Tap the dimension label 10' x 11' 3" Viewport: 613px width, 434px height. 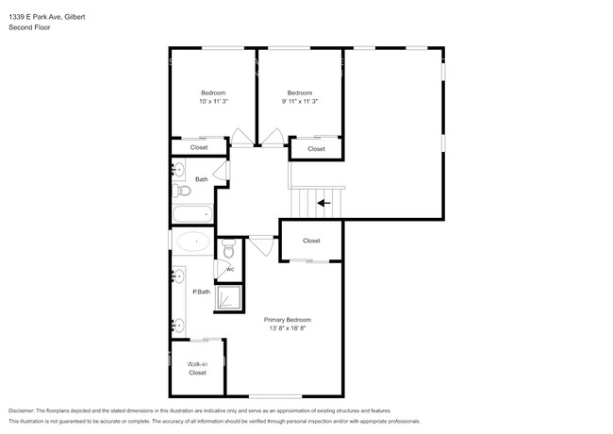point(213,101)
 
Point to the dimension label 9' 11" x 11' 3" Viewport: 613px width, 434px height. point(299,101)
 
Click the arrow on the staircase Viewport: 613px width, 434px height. point(323,202)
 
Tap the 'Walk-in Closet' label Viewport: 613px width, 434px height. point(197,368)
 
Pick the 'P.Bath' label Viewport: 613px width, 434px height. point(201,292)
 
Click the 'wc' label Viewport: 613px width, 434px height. point(229,269)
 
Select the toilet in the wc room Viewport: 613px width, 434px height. point(227,248)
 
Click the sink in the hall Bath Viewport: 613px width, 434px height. point(179,170)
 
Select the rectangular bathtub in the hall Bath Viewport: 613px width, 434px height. point(193,214)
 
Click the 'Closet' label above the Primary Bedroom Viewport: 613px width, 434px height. point(311,242)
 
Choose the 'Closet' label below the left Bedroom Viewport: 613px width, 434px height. point(199,147)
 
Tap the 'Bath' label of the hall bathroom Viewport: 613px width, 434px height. point(202,179)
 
